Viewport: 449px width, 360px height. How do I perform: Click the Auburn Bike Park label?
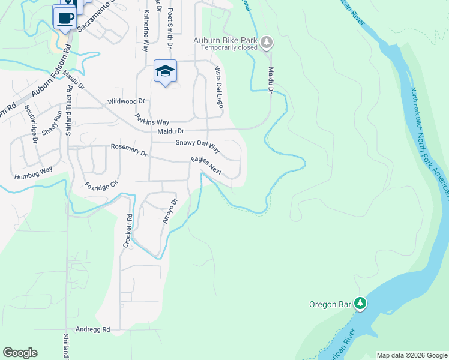pos(224,40)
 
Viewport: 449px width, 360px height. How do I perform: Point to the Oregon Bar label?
pos(330,304)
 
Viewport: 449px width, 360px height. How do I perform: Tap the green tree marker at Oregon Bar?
pos(360,304)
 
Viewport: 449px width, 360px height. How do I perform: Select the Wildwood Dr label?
pos(127,102)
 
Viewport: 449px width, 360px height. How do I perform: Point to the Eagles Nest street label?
pos(206,166)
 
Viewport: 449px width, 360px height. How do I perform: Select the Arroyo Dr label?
pos(171,211)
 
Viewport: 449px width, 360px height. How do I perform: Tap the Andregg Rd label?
pos(93,329)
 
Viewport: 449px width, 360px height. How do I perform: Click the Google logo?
pos(20,353)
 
